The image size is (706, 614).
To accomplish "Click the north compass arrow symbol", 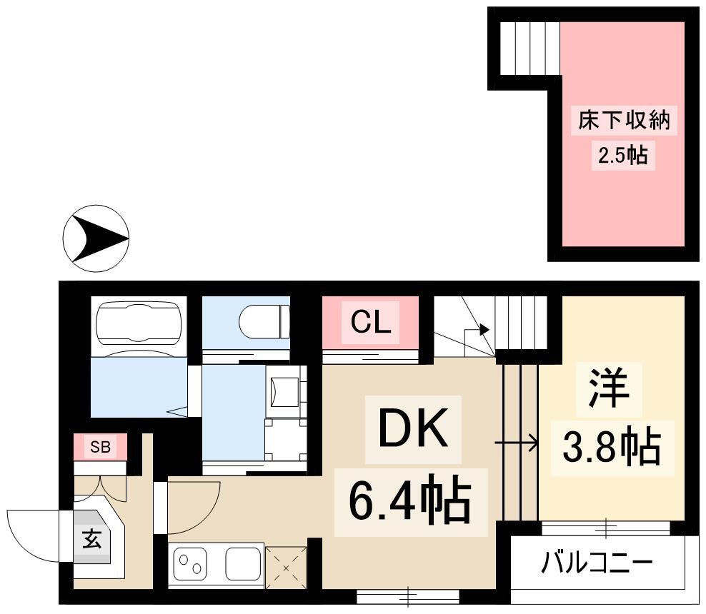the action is [96, 238].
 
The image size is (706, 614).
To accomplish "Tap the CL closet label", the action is [371, 322].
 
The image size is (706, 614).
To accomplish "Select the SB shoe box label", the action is [101, 447].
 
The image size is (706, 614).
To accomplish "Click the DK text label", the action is [413, 428].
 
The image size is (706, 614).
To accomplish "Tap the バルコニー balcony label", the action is [597, 562].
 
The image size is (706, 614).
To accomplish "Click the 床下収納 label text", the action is [624, 120].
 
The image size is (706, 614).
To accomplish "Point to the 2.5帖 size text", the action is [623, 156].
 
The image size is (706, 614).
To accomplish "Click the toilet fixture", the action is [264, 321].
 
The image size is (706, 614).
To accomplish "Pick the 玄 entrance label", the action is [92, 539].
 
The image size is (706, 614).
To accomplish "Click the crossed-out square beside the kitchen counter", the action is [286, 568].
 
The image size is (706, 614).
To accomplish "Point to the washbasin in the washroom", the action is [284, 391].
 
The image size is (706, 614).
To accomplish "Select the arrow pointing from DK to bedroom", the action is [516, 443].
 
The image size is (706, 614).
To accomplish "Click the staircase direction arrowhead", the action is [484, 330].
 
